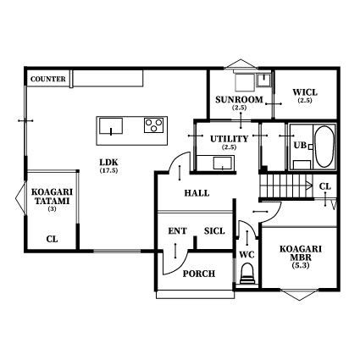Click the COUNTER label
[x=48, y=79]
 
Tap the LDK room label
[x=108, y=163]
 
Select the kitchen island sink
[x=111, y=126]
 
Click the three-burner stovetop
[x=153, y=125]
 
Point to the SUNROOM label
[x=239, y=100]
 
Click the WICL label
[x=305, y=92]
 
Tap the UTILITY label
[x=229, y=139]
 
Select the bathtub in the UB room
[x=324, y=147]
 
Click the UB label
[x=300, y=146]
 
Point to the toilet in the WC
[x=247, y=274]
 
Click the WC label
[x=247, y=255]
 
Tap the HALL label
[x=197, y=193]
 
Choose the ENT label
[x=177, y=231]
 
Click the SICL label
[x=214, y=231]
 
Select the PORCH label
[x=199, y=274]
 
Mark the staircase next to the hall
[x=286, y=186]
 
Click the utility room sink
[x=223, y=163]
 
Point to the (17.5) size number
[x=108, y=170]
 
